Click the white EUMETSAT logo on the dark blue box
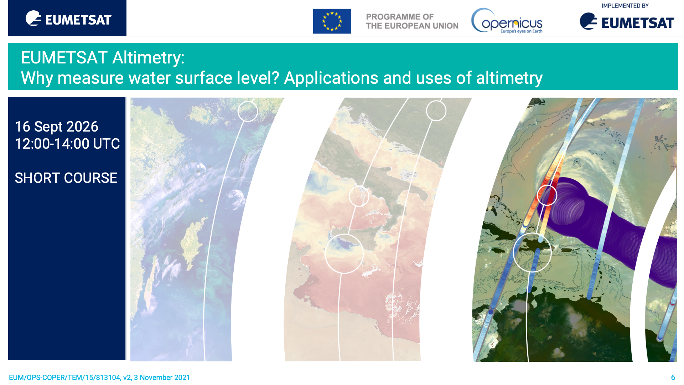pyautogui.click(x=68, y=19)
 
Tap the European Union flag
pyautogui.click(x=332, y=21)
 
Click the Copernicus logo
pyautogui.click(x=507, y=21)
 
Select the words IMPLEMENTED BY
pyautogui.click(x=625, y=6)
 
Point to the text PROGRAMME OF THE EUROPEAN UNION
pyautogui.click(x=412, y=21)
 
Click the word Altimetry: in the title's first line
pyautogui.click(x=149, y=58)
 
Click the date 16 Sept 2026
pyautogui.click(x=56, y=127)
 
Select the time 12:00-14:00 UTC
pyautogui.click(x=67, y=144)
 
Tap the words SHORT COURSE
pyautogui.click(x=66, y=178)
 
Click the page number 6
pyautogui.click(x=673, y=378)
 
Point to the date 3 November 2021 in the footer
pyautogui.click(x=162, y=378)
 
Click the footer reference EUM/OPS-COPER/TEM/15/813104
pyautogui.click(x=64, y=378)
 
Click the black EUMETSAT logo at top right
pyautogui.click(x=627, y=21)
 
